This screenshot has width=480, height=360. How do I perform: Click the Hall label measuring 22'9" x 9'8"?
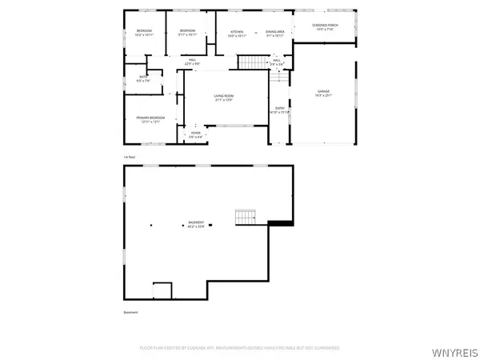click(x=193, y=62)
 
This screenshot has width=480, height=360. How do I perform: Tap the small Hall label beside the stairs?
click(x=276, y=62)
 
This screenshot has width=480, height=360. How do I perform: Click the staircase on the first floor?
click(x=252, y=62)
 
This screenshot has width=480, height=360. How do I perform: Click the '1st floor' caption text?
click(x=129, y=156)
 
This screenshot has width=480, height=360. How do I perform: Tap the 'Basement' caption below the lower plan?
click(x=130, y=312)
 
